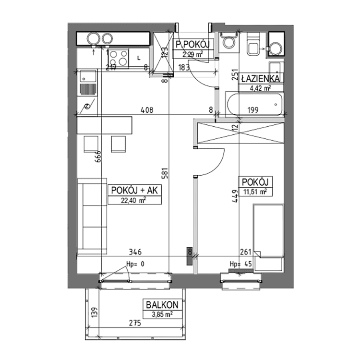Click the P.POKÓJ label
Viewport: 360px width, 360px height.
click(x=193, y=45)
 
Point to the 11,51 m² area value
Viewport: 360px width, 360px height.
click(x=255, y=192)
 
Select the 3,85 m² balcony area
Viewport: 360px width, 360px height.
click(x=161, y=314)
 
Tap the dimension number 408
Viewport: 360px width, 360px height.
click(x=146, y=110)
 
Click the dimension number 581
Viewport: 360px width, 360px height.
click(x=164, y=171)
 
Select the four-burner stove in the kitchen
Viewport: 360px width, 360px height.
click(x=117, y=58)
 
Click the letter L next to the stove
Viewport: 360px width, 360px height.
click(x=138, y=58)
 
